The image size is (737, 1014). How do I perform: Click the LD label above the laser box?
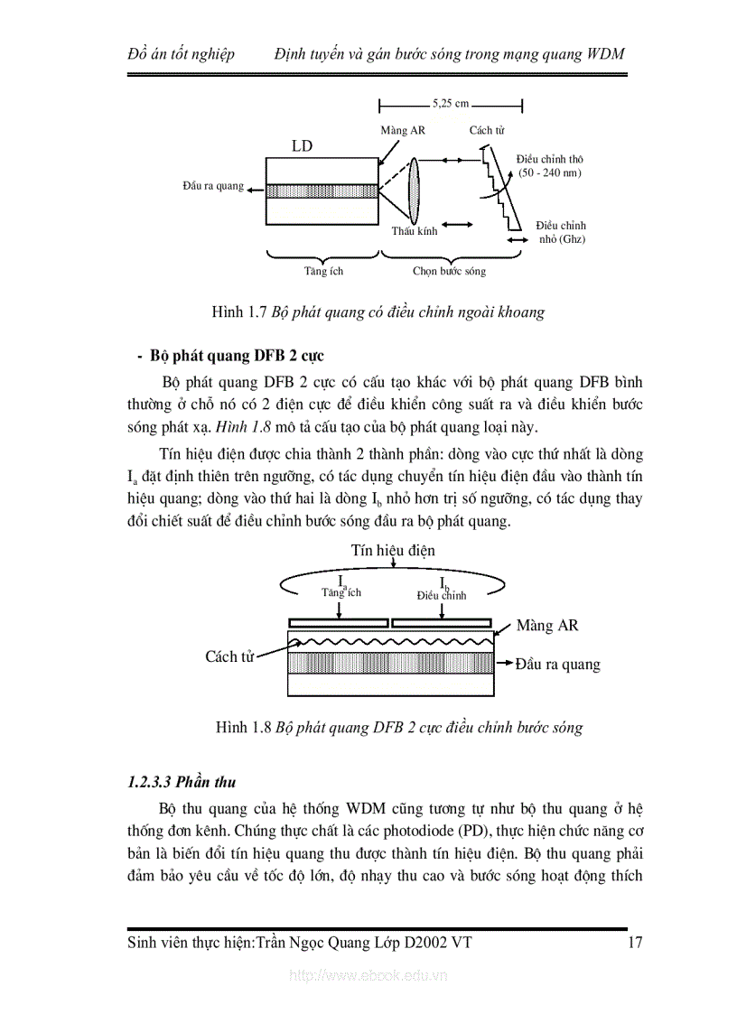302,146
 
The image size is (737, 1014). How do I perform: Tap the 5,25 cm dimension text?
450,104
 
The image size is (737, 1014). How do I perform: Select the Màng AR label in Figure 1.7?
402,131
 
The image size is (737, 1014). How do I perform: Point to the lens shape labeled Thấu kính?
415,188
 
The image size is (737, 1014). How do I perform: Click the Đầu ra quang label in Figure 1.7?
212,186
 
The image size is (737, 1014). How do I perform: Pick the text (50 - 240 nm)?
550,172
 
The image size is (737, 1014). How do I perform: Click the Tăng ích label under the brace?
322,271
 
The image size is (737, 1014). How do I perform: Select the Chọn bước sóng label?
449,271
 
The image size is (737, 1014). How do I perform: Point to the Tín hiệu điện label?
393,550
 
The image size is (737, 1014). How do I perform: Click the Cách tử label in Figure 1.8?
229,656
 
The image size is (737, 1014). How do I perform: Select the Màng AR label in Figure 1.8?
547,625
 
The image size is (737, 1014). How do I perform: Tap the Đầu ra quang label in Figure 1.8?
557,665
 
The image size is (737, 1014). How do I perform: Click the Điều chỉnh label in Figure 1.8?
442,595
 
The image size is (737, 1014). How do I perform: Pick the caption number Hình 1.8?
243,728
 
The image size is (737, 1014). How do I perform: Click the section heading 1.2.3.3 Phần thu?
182,782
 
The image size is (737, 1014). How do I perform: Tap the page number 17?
634,944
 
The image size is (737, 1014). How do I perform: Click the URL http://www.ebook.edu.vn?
368,976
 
